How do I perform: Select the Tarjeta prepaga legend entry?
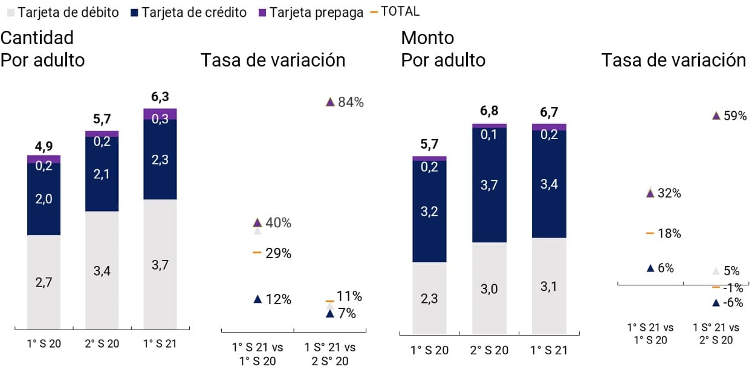tap(311, 12)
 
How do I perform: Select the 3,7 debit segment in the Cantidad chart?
tap(160, 264)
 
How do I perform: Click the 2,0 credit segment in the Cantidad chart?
tap(44, 199)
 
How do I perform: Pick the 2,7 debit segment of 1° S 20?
tap(44, 282)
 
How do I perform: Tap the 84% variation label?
tap(351, 102)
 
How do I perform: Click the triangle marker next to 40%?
tap(258, 222)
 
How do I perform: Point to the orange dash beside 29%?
tap(257, 252)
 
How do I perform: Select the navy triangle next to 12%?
tap(258, 299)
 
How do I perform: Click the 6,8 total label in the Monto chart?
tap(488, 112)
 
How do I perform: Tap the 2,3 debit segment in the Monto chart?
tap(429, 298)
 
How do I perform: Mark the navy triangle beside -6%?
tap(716, 302)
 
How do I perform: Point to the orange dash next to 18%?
tap(650, 233)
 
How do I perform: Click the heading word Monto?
tap(427, 38)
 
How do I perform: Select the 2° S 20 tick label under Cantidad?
tap(102, 344)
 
